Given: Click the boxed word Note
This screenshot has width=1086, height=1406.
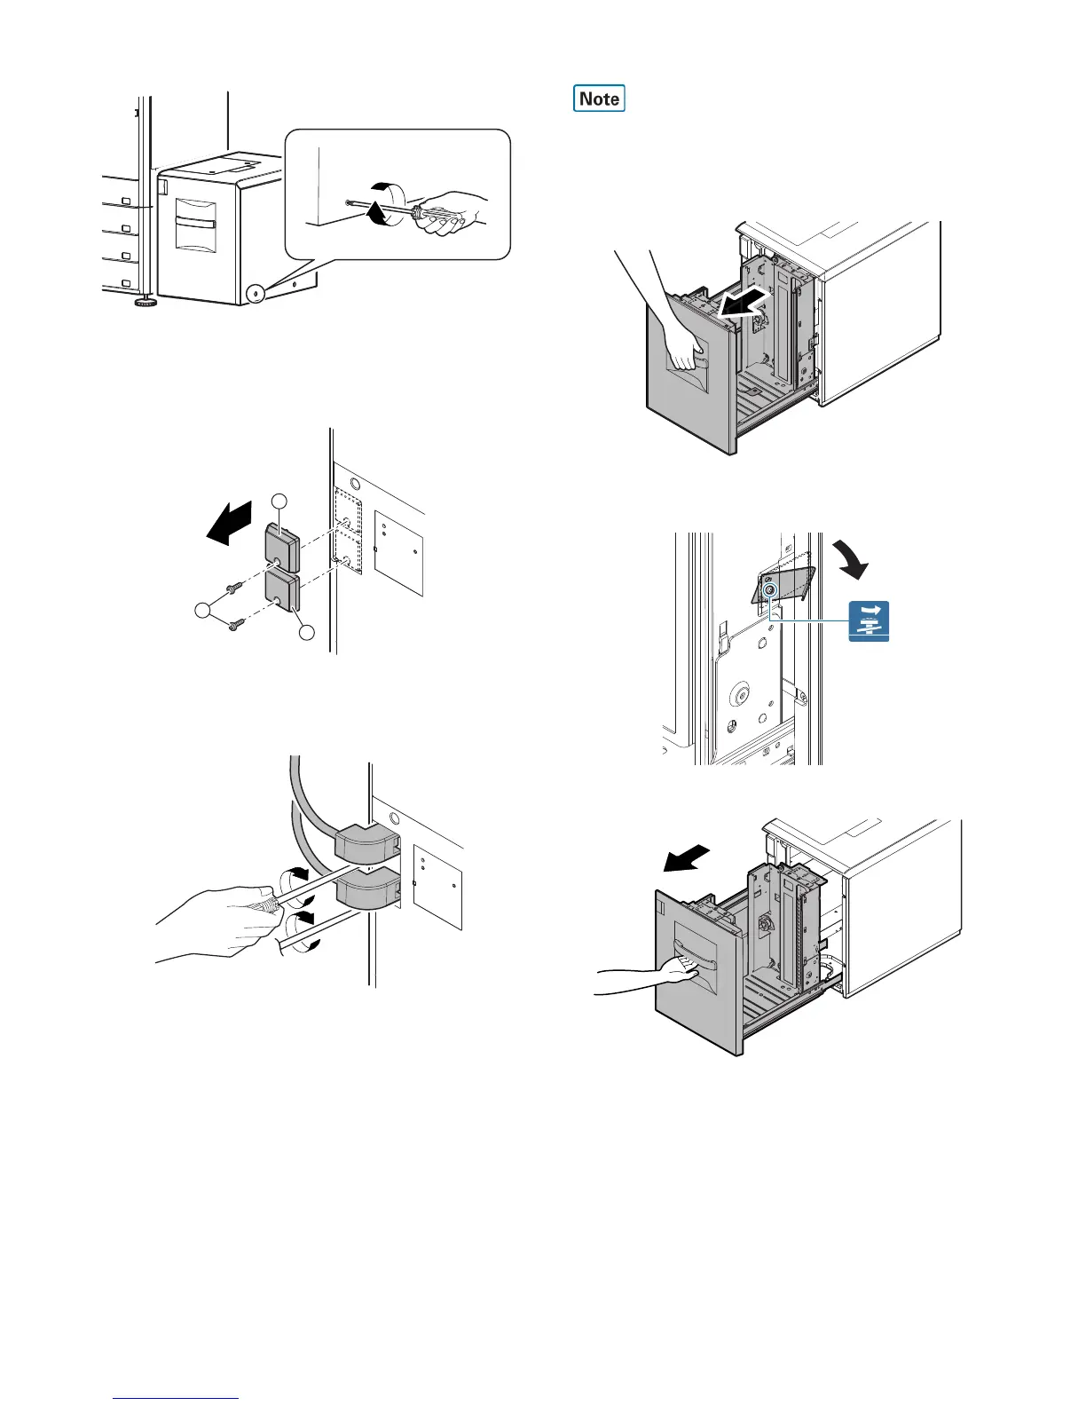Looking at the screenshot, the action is (599, 99).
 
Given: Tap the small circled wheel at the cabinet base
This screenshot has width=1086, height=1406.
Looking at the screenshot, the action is (256, 291).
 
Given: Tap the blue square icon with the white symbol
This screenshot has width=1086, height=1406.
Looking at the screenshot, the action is (869, 620).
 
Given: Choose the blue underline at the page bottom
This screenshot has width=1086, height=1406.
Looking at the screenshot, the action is (177, 1398).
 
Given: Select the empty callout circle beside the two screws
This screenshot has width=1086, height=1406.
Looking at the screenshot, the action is (204, 611).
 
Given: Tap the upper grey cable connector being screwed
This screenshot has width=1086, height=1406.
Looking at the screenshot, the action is (364, 842).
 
